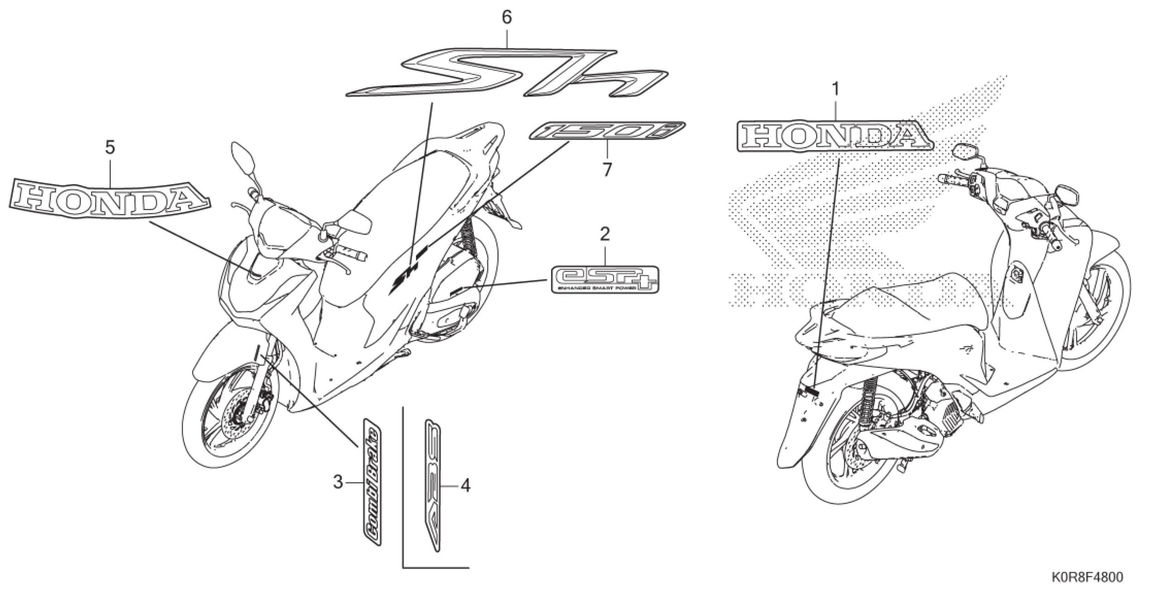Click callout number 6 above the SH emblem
tap(507, 18)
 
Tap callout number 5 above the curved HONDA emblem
tap(110, 147)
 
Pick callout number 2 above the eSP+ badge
tap(605, 234)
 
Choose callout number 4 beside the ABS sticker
tap(465, 486)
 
